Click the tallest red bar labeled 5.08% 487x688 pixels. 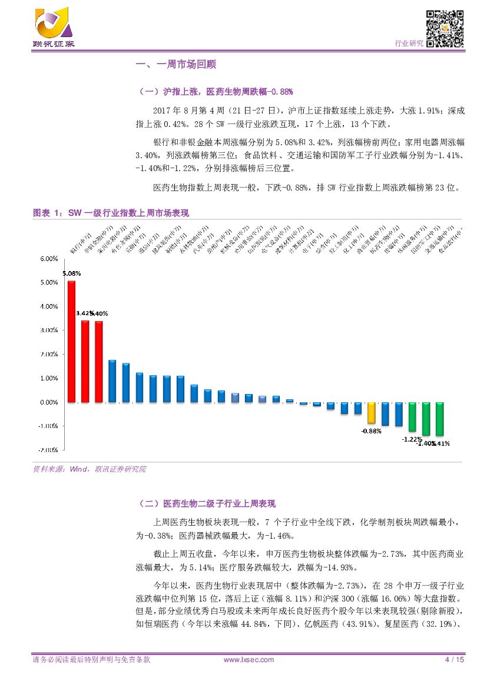tap(71, 341)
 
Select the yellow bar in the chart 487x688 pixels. tap(371, 413)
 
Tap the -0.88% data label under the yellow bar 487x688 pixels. tap(371, 431)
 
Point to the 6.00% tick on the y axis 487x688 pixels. tap(48, 258)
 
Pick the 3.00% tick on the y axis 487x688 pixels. tap(48, 330)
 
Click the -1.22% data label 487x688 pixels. tap(412, 439)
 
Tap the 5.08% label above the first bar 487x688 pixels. tap(71, 273)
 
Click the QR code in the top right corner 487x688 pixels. tap(445, 28)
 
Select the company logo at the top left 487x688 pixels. tap(54, 27)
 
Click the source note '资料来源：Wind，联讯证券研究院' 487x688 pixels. tap(89, 469)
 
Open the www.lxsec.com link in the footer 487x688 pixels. tap(249, 660)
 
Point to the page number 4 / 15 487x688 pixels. tap(454, 660)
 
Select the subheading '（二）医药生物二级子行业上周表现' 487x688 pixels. tap(206, 503)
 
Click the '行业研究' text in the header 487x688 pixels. tap(408, 44)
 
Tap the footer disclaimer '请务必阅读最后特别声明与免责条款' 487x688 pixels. tap(91, 660)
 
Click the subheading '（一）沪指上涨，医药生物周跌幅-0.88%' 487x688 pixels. tap(215, 92)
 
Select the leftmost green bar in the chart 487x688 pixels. tap(412, 416)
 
